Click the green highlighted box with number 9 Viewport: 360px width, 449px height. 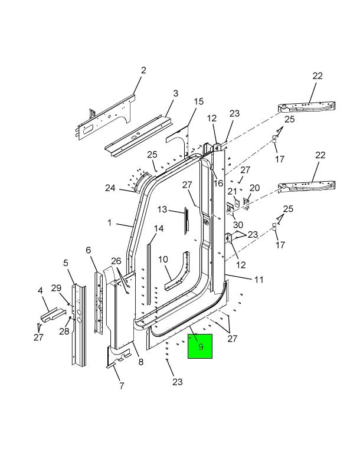(x=200, y=347)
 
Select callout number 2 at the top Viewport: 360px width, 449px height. (x=143, y=71)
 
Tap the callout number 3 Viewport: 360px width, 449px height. (x=175, y=93)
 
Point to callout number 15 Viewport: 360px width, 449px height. (x=198, y=102)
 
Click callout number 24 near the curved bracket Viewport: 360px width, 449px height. (x=110, y=188)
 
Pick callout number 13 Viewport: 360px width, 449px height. (x=162, y=209)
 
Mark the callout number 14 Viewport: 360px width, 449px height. (x=159, y=228)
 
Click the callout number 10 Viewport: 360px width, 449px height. (x=163, y=259)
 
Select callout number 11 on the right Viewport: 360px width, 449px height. (x=259, y=280)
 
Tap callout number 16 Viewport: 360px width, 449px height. (x=218, y=183)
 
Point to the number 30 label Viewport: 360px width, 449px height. (x=238, y=225)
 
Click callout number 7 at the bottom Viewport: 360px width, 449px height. (x=122, y=386)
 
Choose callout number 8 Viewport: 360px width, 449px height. (x=141, y=362)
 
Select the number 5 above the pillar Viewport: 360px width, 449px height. (x=66, y=263)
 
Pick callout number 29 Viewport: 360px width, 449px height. (x=56, y=287)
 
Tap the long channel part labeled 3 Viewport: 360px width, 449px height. (x=139, y=135)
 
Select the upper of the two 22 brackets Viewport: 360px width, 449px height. (x=308, y=107)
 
